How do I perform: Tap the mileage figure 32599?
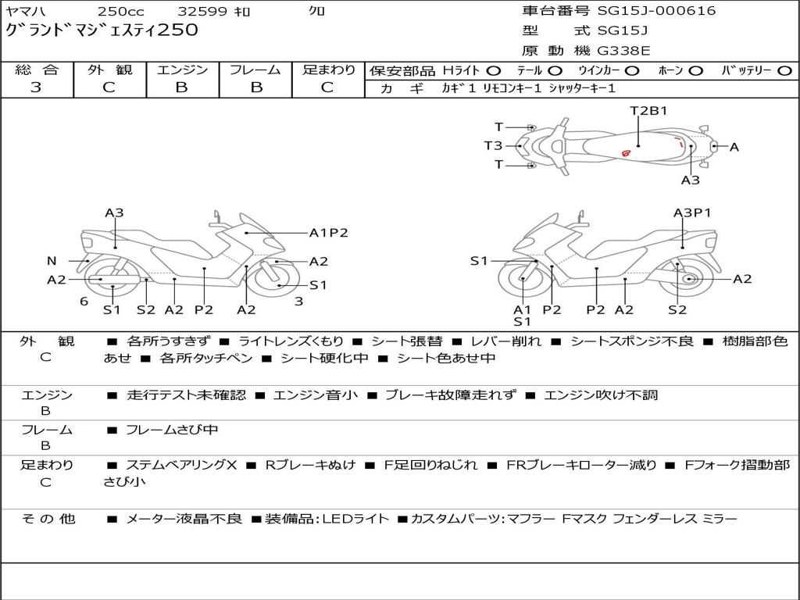pyautogui.click(x=202, y=12)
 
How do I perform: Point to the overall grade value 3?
pyautogui.click(x=36, y=87)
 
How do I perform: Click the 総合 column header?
pyautogui.click(x=36, y=70)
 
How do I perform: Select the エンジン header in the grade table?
pyautogui.click(x=182, y=70)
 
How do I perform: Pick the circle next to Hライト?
pyautogui.click(x=493, y=70)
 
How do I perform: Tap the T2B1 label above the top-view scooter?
pyautogui.click(x=648, y=111)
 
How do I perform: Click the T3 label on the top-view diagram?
pyautogui.click(x=493, y=145)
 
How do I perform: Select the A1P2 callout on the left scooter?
pyautogui.click(x=328, y=232)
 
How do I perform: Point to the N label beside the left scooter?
pyautogui.click(x=52, y=261)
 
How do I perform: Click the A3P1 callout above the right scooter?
pyautogui.click(x=692, y=212)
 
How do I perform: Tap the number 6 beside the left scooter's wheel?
pyautogui.click(x=84, y=301)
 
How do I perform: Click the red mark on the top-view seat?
pyautogui.click(x=626, y=152)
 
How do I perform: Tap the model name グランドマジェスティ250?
pyautogui.click(x=102, y=30)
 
